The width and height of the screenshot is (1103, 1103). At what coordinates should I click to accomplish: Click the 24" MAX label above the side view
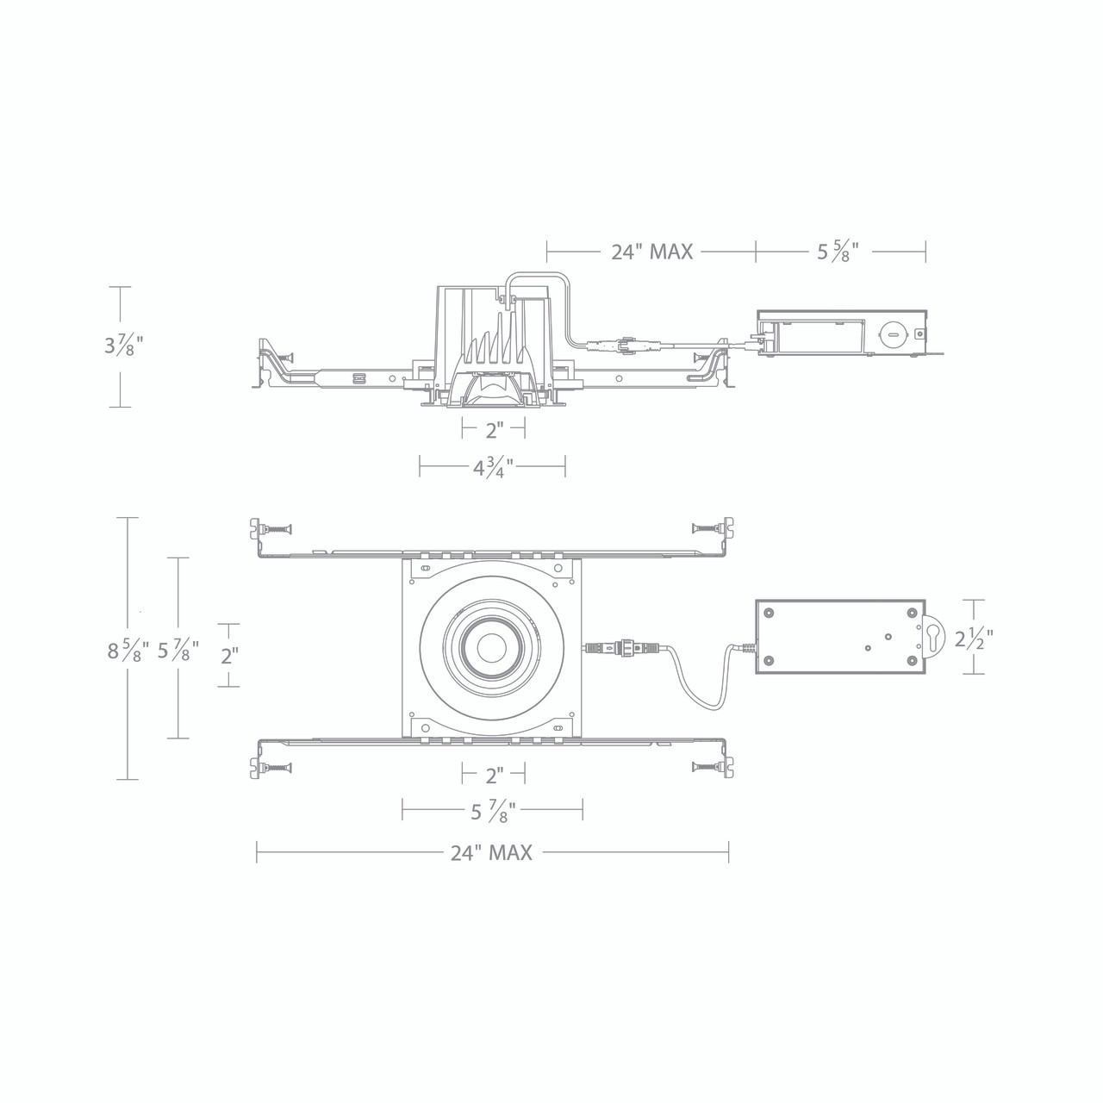pos(651,252)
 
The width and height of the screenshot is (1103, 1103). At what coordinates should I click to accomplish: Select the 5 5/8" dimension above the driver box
pos(838,252)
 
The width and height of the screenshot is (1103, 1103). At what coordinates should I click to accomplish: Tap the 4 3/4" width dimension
pos(492,468)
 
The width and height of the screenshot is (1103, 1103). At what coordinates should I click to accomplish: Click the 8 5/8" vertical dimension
pos(128,650)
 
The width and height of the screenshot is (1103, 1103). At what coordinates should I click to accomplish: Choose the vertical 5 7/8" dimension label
pos(178,650)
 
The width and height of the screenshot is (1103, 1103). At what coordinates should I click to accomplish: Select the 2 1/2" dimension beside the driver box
pos(974,639)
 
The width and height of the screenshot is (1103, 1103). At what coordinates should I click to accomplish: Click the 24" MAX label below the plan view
pos(491,853)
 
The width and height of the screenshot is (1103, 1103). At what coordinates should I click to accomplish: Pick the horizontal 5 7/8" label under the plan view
pos(492,810)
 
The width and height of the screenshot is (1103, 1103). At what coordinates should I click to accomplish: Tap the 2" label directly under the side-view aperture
pos(493,428)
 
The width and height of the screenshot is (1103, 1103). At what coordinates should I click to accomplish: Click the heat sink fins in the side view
pos(491,349)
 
